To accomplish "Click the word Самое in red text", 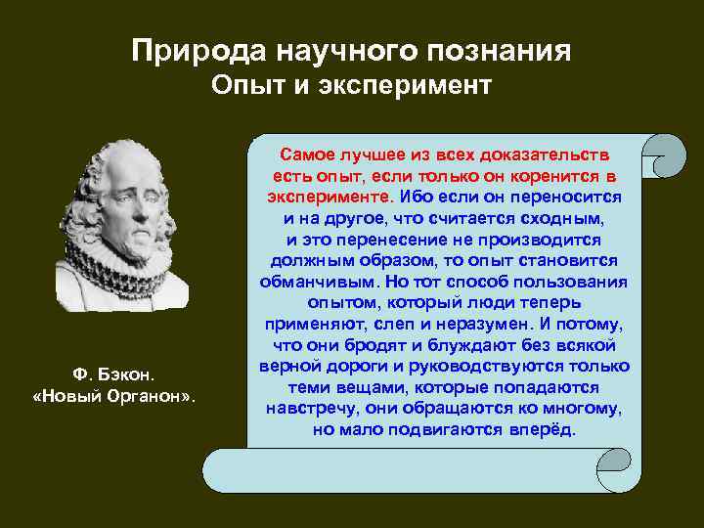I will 306,154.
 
